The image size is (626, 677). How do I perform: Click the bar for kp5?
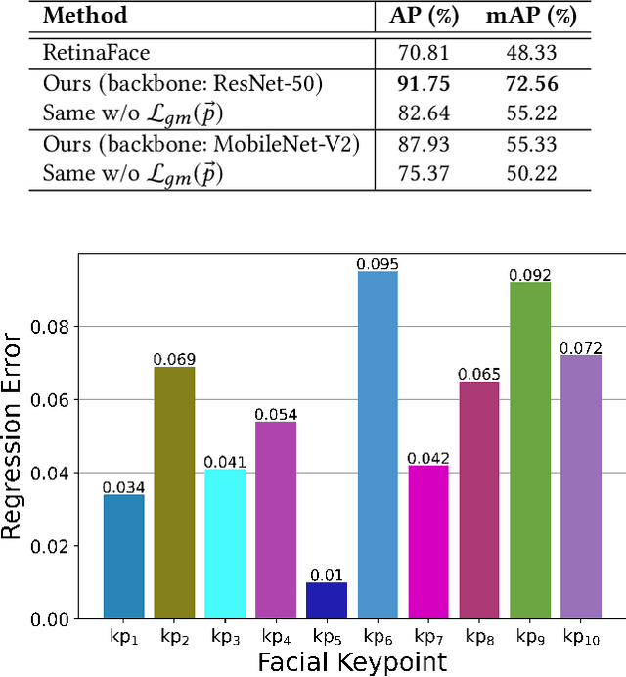pos(327,600)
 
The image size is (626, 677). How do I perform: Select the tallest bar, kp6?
pos(378,445)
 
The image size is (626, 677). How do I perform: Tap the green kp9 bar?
pos(530,450)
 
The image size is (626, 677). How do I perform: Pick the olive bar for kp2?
pos(174,492)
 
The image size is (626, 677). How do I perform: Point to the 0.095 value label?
pos(378,263)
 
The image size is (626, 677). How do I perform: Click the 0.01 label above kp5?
pos(327,574)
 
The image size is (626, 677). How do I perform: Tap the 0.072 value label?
pos(580,347)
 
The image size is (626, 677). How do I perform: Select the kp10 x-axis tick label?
pos(581,639)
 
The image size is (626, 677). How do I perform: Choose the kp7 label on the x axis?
pos(428,639)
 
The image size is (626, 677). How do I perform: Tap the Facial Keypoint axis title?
pos(352,662)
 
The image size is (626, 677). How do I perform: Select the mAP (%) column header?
pos(531,17)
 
